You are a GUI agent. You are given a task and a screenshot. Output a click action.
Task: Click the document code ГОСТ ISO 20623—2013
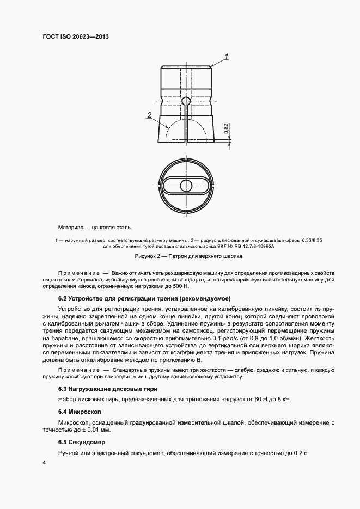[80, 36]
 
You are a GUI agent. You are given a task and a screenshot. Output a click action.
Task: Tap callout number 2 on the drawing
[149, 115]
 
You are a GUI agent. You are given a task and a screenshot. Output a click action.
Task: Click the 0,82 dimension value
[225, 129]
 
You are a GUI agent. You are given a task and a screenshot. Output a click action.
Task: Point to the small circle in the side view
[186, 101]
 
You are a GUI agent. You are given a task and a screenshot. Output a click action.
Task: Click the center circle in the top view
[186, 184]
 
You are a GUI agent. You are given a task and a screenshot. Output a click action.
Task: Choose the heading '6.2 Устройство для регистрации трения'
[144, 298]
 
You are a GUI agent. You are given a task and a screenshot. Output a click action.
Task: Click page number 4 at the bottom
[44, 462]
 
